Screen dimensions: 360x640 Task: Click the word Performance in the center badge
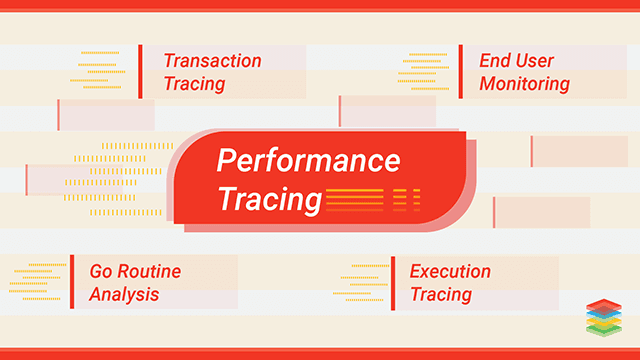tap(309, 161)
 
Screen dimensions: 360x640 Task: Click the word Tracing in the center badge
tap(269, 199)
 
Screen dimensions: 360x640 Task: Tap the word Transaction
tap(212, 61)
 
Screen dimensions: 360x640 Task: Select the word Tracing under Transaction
tap(194, 84)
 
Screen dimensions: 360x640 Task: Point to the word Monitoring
tap(524, 84)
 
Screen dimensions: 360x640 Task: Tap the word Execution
tap(450, 271)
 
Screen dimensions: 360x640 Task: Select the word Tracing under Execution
tap(440, 294)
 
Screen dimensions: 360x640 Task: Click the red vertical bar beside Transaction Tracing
tap(140, 72)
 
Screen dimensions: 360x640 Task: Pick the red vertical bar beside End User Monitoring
tap(460, 72)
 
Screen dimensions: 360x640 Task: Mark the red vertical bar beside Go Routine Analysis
tap(71, 282)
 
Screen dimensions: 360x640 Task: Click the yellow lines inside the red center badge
tap(370, 199)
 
